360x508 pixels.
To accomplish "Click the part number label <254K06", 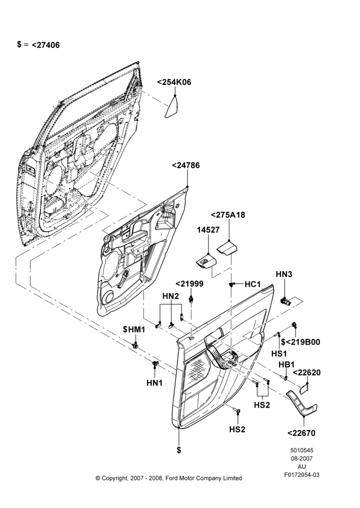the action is (174, 82).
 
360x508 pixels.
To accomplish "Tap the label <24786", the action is (186, 166).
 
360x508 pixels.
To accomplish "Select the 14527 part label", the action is (208, 230).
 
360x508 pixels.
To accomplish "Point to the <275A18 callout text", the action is (228, 215).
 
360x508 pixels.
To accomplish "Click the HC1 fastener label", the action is (253, 284).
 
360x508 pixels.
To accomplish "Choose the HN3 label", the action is (284, 274).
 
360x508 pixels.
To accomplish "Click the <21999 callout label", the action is (190, 284).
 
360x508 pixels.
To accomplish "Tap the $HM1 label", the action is (134, 330).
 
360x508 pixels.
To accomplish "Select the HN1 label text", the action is (155, 383).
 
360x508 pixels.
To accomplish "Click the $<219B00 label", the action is (301, 342).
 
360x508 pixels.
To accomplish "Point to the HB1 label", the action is (287, 365).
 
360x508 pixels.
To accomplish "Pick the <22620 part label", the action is (307, 372).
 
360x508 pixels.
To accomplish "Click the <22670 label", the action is (302, 433).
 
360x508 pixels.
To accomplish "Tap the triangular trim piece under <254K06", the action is (172, 108).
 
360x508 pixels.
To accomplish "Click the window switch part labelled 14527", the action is (205, 261).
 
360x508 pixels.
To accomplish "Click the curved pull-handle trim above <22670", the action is (302, 403).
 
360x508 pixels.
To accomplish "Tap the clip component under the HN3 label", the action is (285, 301).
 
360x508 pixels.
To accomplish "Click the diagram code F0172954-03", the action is (302, 475).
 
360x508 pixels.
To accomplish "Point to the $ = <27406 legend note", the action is (38, 45).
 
